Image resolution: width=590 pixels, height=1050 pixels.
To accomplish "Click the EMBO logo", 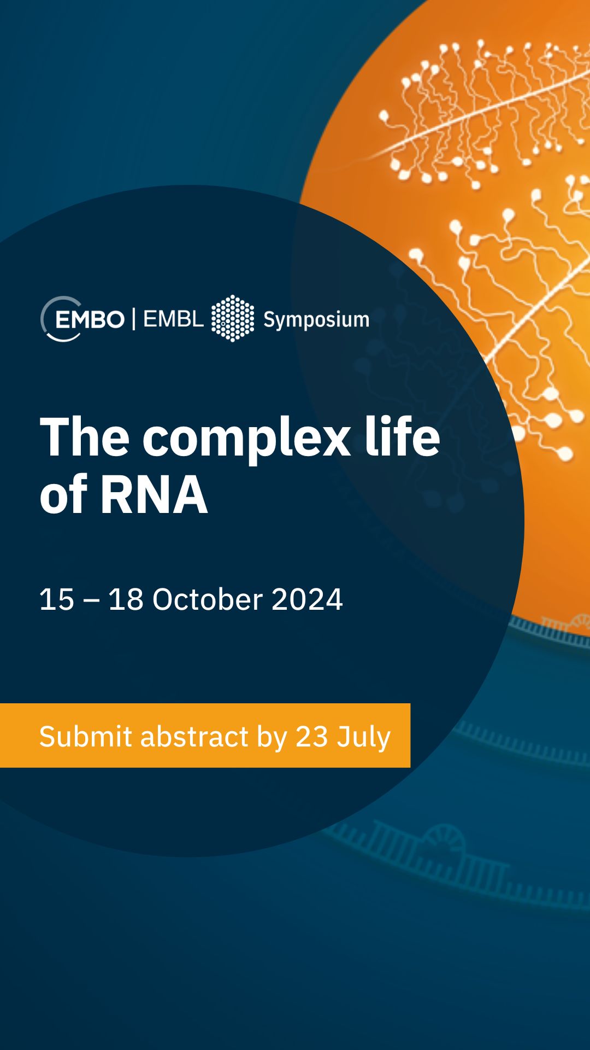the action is tap(82, 319).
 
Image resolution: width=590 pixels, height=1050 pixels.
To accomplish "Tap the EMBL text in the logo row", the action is tap(173, 319).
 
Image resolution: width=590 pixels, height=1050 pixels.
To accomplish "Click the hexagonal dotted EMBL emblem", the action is tap(233, 318).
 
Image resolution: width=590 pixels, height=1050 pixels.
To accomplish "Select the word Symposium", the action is tap(316, 320).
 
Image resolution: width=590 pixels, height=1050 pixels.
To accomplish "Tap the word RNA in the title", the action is tap(154, 495).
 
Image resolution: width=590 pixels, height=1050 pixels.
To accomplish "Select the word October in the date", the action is tap(208, 599).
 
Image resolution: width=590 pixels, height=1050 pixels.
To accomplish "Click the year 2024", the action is tap(307, 599).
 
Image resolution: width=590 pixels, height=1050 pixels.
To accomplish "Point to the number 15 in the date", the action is tap(57, 599).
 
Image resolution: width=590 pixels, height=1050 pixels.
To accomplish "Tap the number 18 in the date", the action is tap(126, 599).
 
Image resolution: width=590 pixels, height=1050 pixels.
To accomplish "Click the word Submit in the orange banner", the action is tap(86, 736).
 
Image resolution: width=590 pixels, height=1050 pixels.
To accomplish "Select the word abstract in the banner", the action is tap(194, 736).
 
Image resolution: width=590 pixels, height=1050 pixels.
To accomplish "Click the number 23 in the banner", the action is tap(311, 737).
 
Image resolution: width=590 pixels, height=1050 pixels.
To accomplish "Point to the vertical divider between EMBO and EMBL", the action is tap(134, 319).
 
